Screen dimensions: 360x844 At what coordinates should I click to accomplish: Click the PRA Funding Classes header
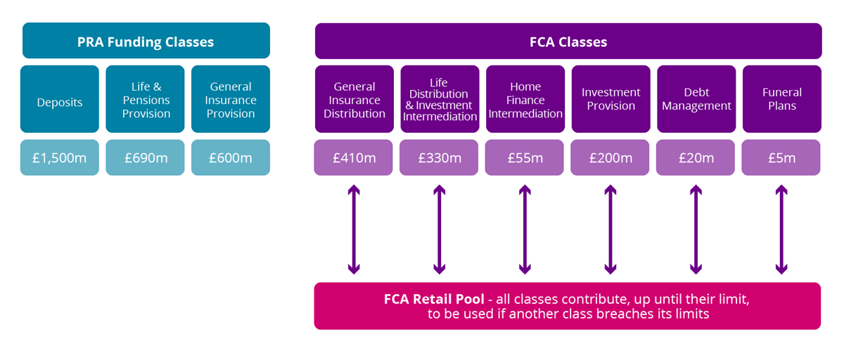pos(146,41)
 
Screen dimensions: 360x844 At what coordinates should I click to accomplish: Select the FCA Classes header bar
pos(568,41)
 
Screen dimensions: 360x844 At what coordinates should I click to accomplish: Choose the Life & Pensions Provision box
pos(146,100)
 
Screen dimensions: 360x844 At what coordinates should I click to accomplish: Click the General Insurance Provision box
pos(231,100)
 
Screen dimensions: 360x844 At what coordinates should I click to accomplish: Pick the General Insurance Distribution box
pos(354,100)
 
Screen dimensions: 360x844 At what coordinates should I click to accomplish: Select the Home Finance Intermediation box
pos(525,100)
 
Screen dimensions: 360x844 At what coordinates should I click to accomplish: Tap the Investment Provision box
pos(610,100)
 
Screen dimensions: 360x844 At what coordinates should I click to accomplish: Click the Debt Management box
pos(696,100)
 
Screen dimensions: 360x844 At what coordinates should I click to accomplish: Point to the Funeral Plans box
pos(781,100)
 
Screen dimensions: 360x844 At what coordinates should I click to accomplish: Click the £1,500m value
pos(60,158)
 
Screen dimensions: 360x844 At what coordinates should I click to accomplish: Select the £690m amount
pos(146,158)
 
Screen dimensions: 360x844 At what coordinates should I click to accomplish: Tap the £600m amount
pos(231,158)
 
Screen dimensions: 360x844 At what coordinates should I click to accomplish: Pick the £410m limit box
pos(354,158)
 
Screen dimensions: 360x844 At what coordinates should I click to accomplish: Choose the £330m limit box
pos(439,158)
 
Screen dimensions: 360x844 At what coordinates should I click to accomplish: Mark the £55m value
pos(525,158)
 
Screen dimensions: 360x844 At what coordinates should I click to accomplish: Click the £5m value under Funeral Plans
pos(781,158)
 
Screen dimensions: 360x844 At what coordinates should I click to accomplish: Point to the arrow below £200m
pos(610,229)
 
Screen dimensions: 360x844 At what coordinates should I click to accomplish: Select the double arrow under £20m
pos(696,229)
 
